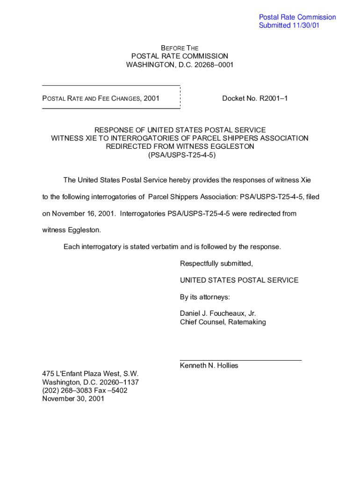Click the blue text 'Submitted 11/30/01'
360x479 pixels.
[x=289, y=25]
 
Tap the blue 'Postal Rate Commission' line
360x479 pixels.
[x=297, y=17]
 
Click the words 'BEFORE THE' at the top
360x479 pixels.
[x=180, y=48]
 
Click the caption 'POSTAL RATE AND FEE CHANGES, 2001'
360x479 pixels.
[x=101, y=98]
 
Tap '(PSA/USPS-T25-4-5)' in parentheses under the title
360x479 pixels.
[x=180, y=155]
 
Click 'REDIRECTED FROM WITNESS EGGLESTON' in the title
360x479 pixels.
[x=180, y=146]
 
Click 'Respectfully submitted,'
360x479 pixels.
[x=216, y=263]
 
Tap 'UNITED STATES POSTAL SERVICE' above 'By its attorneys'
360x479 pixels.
[x=239, y=280]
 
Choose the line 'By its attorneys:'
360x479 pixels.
[x=205, y=297]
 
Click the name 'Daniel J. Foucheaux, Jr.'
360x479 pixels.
[x=218, y=313]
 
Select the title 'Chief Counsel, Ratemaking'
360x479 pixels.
[x=223, y=322]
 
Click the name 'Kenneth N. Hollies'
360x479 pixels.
[x=209, y=365]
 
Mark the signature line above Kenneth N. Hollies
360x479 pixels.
[x=241, y=360]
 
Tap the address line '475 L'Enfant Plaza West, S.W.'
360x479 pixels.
[x=90, y=374]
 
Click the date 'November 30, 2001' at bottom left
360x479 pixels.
[x=73, y=399]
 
